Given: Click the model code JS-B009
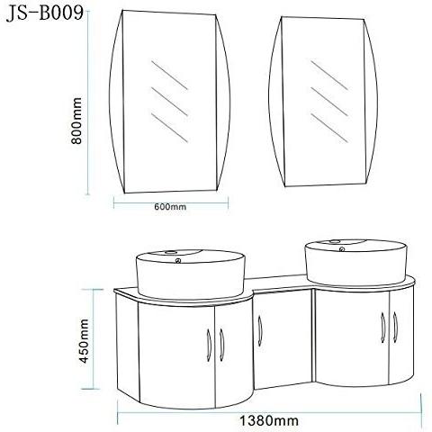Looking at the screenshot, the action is [x=45, y=13].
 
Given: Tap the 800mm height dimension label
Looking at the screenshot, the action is [x=76, y=121].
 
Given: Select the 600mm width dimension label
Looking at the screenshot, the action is [x=170, y=207].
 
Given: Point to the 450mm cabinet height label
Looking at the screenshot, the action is [x=85, y=341].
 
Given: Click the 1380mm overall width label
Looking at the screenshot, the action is [x=269, y=420].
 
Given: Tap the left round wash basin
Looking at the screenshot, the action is [x=191, y=274].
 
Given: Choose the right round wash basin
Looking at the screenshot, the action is [x=356, y=263].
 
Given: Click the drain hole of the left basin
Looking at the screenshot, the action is [x=178, y=260].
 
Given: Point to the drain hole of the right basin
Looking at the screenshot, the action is [x=342, y=248].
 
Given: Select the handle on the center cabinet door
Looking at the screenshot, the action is [x=260, y=331].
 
